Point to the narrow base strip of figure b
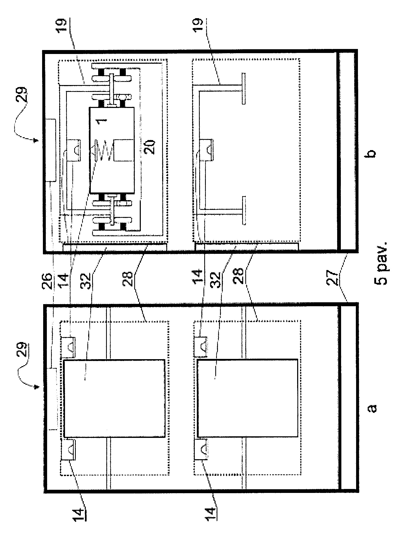tap(347, 151)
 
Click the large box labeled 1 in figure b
tap(112, 150)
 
